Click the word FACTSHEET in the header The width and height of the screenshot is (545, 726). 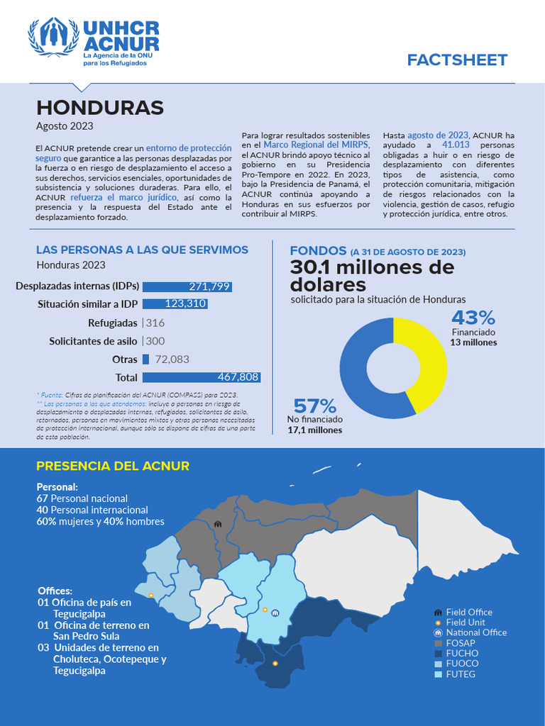point(457,60)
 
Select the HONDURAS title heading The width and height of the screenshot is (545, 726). point(100,108)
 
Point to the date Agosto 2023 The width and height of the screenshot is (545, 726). point(65,126)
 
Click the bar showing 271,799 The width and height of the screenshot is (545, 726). point(187,286)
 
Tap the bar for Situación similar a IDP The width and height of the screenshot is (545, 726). point(175,303)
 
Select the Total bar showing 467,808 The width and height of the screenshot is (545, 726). point(201,377)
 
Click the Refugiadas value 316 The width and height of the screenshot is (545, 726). point(155,323)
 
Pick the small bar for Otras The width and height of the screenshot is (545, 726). point(145,359)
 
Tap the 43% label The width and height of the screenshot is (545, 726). point(473,317)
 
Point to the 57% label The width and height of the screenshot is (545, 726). point(314,406)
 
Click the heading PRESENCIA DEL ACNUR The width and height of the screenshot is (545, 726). point(113,466)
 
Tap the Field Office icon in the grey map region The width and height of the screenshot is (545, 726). point(218,524)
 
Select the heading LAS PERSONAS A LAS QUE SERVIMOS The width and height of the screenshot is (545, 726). point(142,250)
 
